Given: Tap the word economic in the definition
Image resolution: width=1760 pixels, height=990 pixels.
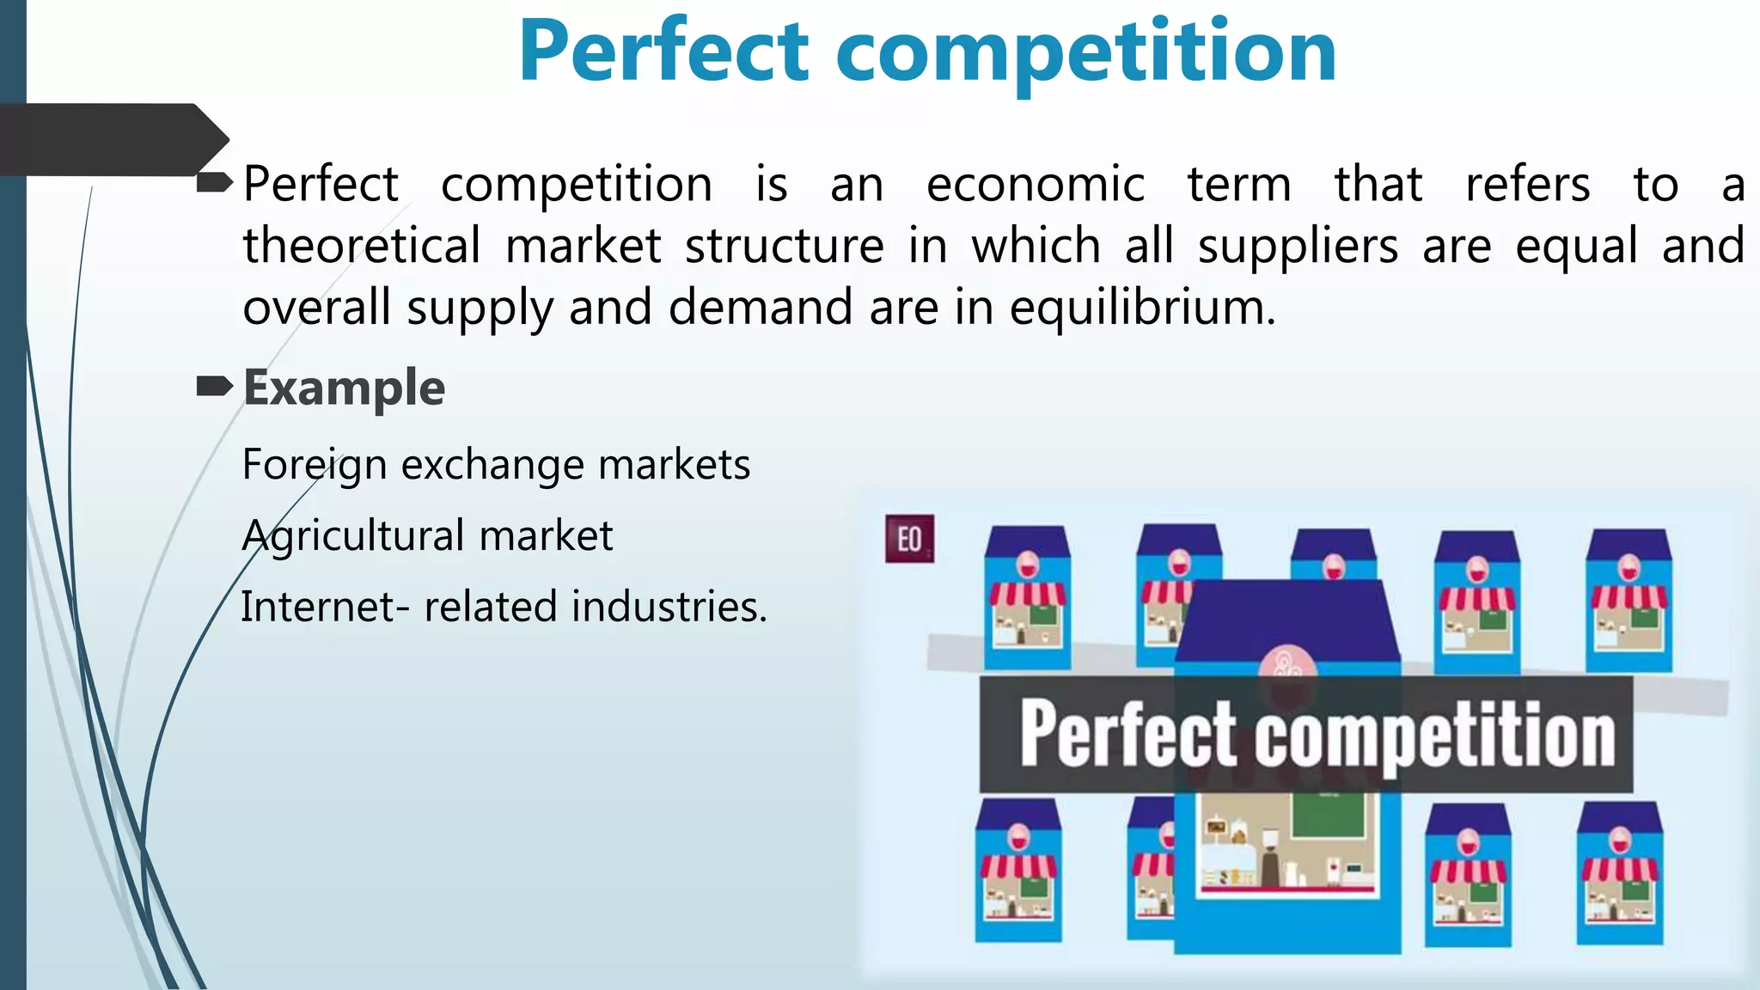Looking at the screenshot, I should pos(1035,185).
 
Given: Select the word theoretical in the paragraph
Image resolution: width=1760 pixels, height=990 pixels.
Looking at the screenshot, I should pos(361,247).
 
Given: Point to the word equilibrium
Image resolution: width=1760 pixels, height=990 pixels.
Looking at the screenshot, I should pos(1142,308).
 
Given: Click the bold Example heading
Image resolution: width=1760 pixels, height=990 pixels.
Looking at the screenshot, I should pos(344,388).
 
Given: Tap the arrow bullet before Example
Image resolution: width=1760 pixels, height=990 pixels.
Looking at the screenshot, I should pos(214,388).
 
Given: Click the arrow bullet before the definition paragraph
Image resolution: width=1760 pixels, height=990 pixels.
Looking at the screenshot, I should pos(214,182).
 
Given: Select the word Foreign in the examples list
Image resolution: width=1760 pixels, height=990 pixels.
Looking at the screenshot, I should pos(315,466).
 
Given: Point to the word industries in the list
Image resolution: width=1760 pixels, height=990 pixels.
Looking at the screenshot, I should pos(669,607).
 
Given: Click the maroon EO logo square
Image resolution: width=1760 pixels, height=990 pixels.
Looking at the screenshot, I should pos(909,539).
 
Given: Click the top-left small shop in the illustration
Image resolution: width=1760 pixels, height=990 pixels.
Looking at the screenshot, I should pos(1027,598).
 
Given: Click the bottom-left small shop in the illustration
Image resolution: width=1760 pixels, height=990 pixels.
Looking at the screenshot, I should pos(1018,870).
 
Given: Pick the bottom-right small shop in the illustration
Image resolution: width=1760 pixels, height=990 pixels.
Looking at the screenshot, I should pos(1620,873).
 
